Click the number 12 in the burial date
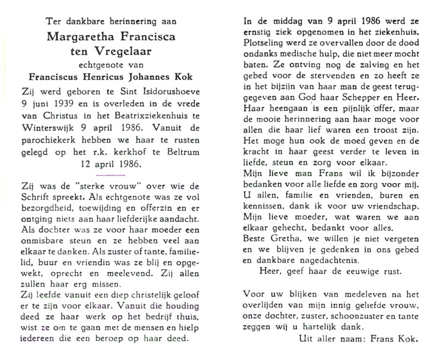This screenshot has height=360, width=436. pyautogui.click(x=86, y=164)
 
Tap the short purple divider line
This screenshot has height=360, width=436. pyautogui.click(x=110, y=175)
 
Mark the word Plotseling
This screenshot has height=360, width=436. pyautogui.click(x=263, y=43)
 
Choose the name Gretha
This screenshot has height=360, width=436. pyautogui.click(x=284, y=239)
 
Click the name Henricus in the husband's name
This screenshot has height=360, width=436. pyautogui.click(x=103, y=77)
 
